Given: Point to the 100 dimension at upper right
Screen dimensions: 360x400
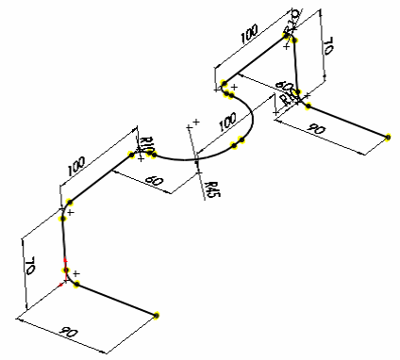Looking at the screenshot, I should click(x=250, y=36).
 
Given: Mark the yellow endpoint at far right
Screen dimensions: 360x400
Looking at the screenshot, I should click(x=388, y=137).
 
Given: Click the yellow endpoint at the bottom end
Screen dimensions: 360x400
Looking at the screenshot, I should click(x=158, y=315).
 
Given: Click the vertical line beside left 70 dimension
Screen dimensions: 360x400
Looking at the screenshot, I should click(x=63, y=243).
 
